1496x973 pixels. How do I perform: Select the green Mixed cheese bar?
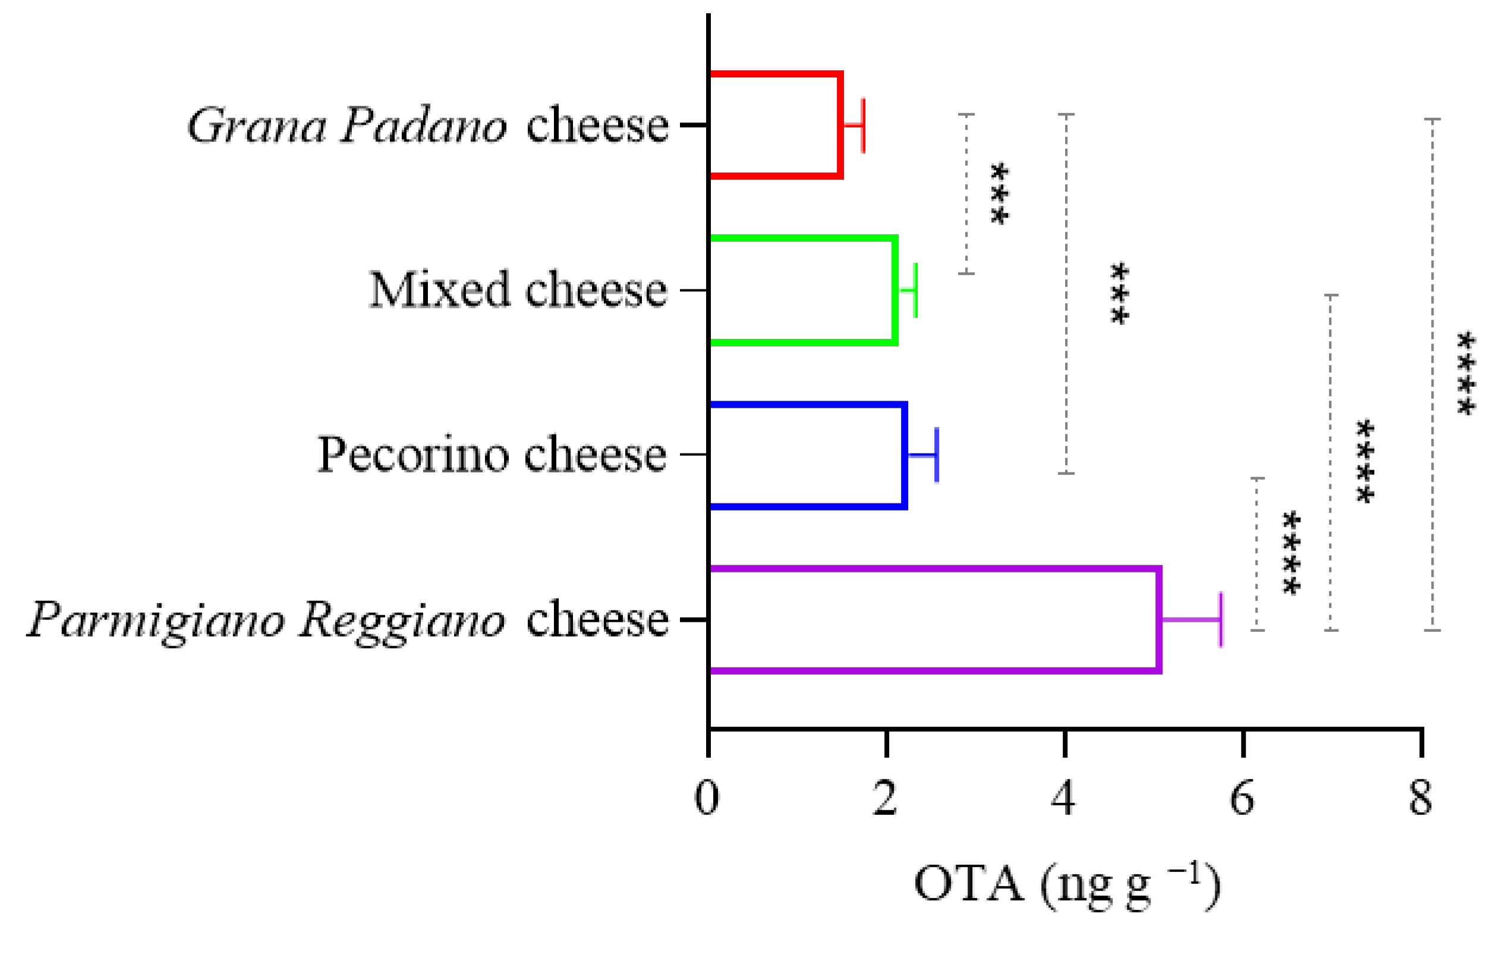(803, 290)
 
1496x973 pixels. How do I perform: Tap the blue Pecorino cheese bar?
(808, 455)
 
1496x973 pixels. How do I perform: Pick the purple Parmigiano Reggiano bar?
(935, 619)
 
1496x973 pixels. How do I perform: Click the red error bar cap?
(863, 125)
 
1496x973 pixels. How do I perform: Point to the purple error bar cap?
(1221, 619)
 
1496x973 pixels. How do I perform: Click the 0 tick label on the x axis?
(707, 799)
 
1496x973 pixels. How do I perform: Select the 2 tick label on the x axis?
(886, 799)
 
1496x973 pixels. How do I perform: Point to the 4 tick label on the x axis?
(1063, 799)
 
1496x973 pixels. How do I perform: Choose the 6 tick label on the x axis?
(1242, 799)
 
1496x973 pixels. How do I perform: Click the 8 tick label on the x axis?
(1421, 799)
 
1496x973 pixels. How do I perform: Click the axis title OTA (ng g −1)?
(1067, 885)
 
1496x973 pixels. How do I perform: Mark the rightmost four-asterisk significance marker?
(1466, 373)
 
